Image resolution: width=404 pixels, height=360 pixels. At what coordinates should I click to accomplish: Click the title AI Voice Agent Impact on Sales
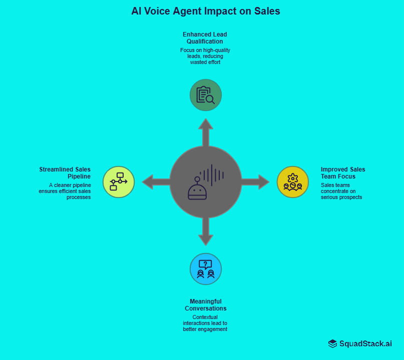(x=205, y=11)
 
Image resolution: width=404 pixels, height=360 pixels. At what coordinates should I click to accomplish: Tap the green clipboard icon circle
(x=205, y=94)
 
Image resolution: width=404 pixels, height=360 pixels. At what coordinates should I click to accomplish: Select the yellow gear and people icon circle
(x=293, y=182)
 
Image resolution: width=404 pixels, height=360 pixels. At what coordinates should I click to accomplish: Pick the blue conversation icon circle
(x=205, y=269)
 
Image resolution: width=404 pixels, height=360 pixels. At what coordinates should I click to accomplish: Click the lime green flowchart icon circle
(x=119, y=181)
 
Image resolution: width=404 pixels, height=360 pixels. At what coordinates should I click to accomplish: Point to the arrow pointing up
(x=205, y=131)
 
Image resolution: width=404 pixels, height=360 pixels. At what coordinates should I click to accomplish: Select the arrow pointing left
(x=155, y=181)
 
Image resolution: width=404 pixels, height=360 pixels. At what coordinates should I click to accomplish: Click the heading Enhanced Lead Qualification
(x=205, y=38)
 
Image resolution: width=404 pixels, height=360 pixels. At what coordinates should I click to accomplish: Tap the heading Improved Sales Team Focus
(x=342, y=173)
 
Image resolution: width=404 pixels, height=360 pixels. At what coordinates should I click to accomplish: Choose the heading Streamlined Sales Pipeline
(x=65, y=173)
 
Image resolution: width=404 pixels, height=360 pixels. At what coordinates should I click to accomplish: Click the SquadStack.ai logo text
(x=365, y=343)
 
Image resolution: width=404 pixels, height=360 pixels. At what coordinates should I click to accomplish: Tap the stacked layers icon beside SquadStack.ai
(x=333, y=343)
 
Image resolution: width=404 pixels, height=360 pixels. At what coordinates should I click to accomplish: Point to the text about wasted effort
(x=205, y=56)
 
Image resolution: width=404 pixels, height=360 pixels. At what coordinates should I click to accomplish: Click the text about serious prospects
(x=341, y=191)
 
